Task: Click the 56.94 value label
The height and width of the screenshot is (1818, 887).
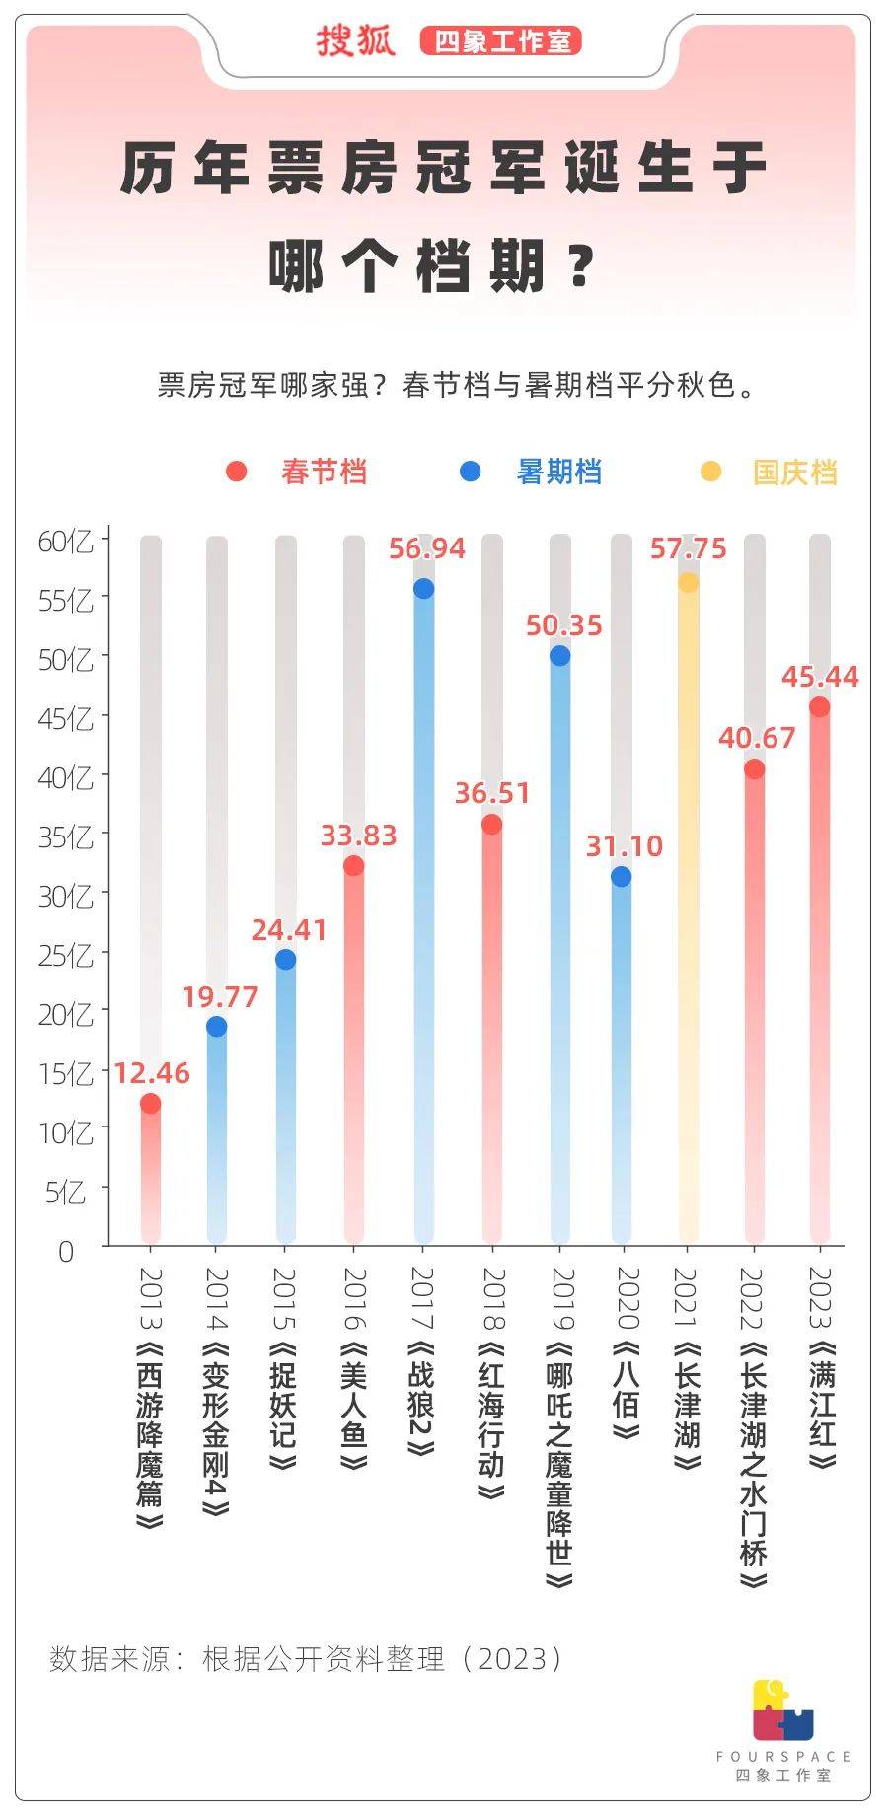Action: (426, 548)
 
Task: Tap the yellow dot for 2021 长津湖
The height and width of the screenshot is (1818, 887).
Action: (688, 583)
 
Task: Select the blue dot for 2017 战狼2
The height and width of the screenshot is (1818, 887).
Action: (423, 589)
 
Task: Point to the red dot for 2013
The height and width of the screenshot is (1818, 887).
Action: (150, 1104)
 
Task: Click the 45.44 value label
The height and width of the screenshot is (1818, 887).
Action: (820, 677)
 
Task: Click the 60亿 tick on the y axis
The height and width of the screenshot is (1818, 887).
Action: (66, 542)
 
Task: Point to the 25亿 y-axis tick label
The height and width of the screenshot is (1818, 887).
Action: (66, 956)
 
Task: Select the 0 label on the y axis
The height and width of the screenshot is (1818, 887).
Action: (66, 1252)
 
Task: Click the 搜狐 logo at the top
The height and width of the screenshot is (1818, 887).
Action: (355, 41)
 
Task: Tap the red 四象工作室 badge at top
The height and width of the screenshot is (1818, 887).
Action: (501, 41)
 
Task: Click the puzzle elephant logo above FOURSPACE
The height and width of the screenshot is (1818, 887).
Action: (782, 1709)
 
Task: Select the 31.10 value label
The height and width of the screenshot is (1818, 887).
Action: (624, 846)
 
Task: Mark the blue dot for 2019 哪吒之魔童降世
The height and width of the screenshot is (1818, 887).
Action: (559, 656)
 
